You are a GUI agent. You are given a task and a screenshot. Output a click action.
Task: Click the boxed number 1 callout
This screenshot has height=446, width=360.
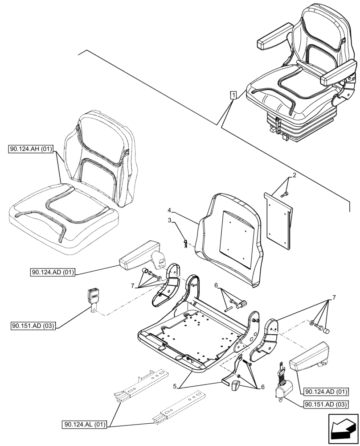[x=233, y=94]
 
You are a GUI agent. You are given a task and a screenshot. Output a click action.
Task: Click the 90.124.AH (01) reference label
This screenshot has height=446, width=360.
[x=30, y=149]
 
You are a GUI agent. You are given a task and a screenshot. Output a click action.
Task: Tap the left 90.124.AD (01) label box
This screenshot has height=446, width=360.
[x=53, y=272]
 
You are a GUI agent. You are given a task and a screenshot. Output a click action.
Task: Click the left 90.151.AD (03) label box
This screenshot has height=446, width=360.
[x=33, y=326]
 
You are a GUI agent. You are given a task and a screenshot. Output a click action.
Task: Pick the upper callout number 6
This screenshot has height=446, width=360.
[x=216, y=285]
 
